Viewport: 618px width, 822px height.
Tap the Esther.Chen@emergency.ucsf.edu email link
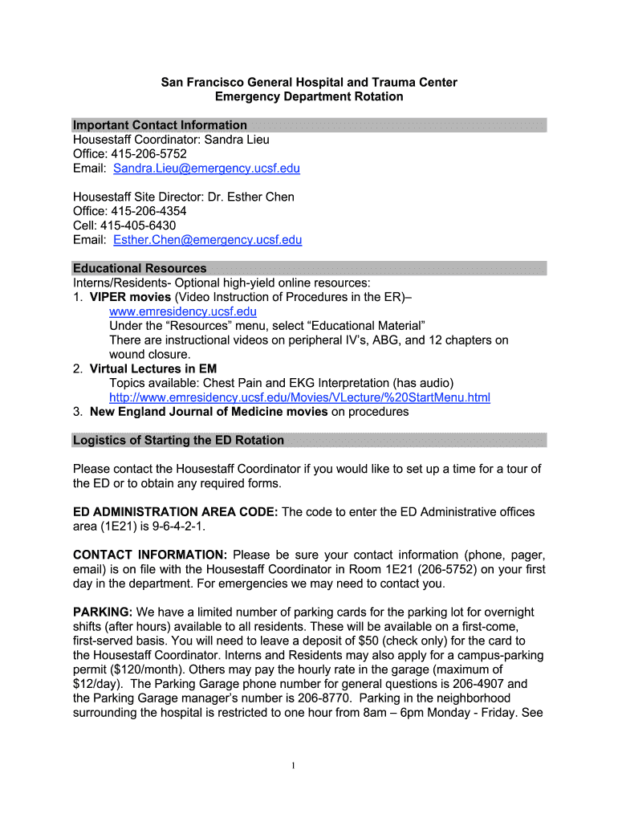207,240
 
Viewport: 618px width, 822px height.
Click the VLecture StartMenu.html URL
299,397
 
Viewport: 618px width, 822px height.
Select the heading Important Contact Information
160,125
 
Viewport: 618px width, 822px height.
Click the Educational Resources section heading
140,268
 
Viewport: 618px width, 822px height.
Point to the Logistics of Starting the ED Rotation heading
178,440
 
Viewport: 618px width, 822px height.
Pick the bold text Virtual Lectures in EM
152,368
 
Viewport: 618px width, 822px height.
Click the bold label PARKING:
103,612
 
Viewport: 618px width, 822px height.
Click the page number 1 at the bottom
295,765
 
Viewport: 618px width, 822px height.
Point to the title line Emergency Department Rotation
309,96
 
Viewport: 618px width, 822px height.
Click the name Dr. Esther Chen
251,197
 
